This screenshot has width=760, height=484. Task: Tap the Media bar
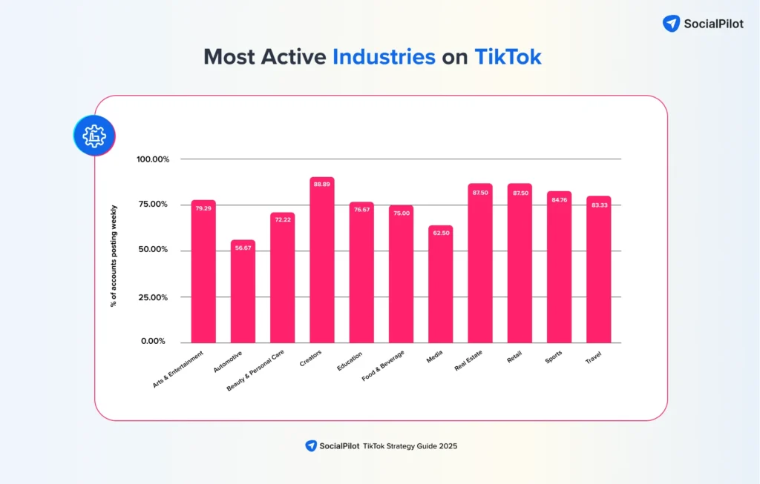pos(440,289)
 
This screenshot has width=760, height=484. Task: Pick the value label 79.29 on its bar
pos(203,209)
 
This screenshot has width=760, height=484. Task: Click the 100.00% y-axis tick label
pos(153,159)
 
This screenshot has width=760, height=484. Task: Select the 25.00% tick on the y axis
pos(154,297)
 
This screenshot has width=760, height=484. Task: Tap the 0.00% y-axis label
pos(153,342)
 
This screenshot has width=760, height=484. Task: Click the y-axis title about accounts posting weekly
pos(114,256)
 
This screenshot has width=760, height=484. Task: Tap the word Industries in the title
pos(384,57)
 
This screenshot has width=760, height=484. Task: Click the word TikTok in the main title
pos(508,57)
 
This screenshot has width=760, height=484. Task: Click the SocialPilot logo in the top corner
pos(701,23)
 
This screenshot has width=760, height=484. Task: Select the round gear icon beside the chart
pos(94,136)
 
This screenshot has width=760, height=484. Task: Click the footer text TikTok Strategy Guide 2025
pos(410,446)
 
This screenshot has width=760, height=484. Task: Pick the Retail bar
pos(520,267)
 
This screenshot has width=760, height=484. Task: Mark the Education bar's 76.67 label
pos(361,210)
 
